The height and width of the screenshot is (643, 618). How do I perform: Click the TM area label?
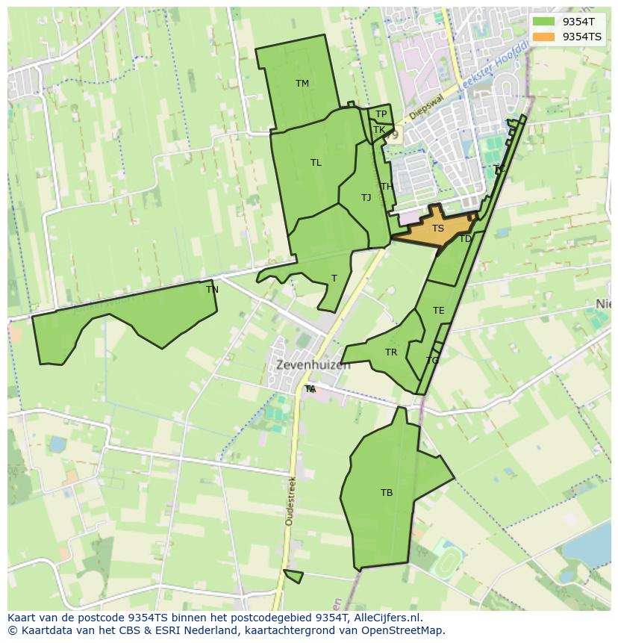point(302,84)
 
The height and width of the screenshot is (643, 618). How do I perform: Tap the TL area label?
point(316,163)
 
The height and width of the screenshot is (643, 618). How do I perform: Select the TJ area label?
point(366,198)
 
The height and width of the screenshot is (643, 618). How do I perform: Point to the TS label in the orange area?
point(438,229)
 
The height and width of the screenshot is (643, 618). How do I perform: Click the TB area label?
point(387,493)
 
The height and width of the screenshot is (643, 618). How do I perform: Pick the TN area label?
point(212,290)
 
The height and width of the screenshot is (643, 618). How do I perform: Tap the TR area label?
point(391,352)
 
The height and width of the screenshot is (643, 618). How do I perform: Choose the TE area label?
point(438,311)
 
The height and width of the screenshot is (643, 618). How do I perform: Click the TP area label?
point(381,114)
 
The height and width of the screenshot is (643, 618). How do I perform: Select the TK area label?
point(378,130)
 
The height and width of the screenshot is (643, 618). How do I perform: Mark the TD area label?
point(465,239)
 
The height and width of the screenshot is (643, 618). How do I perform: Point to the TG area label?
point(432,361)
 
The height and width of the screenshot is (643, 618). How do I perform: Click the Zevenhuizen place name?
point(313,365)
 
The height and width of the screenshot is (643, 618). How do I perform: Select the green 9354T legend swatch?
point(543,22)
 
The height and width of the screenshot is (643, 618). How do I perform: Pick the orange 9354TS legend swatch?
point(543,37)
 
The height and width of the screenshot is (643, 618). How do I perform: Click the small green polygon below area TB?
point(294,576)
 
